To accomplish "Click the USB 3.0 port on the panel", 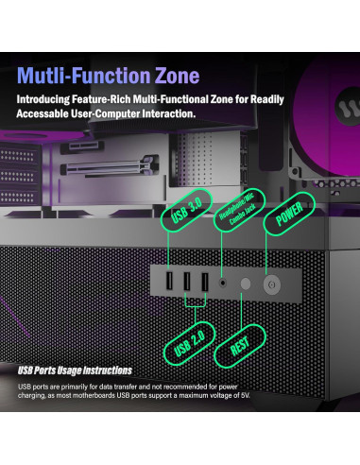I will (169, 283).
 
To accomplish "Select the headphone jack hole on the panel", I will (223, 282).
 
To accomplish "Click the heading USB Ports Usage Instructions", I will (75, 370).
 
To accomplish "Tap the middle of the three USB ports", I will (186, 283).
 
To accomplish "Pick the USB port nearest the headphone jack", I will (202, 283).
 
